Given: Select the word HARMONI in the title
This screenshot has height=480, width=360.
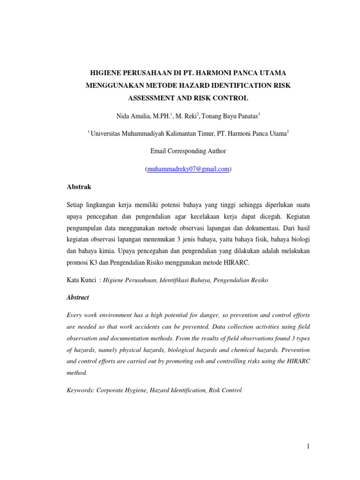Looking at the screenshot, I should pyautogui.click(x=224, y=74).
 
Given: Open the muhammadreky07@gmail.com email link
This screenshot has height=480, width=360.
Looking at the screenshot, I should pyautogui.click(x=188, y=169).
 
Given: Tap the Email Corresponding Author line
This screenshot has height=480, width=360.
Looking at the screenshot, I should pyautogui.click(x=188, y=151).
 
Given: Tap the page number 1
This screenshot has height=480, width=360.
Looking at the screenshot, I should pyautogui.click(x=308, y=447).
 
